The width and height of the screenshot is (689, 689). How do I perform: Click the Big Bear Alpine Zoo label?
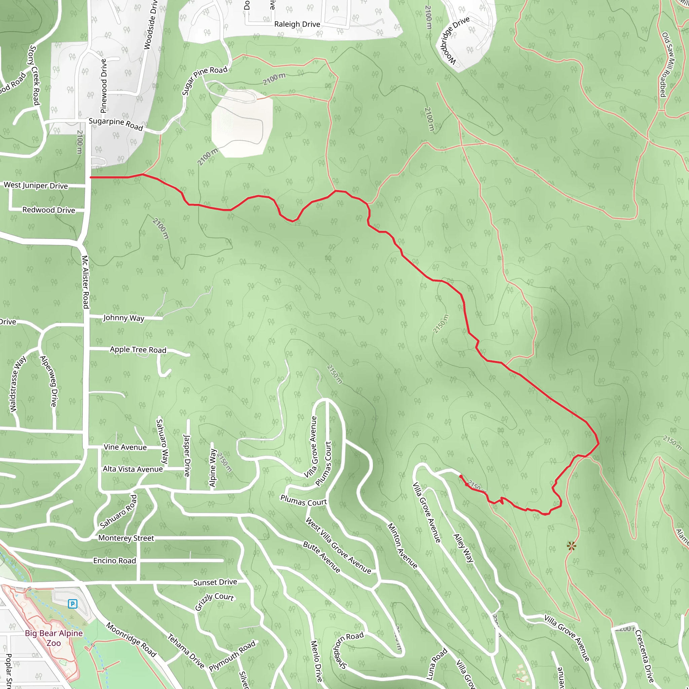tap(54, 638)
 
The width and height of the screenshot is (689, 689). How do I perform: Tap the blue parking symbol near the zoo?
tap(72, 604)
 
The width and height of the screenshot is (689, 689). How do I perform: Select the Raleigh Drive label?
tap(297, 24)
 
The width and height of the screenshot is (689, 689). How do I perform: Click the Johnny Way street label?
tap(123, 318)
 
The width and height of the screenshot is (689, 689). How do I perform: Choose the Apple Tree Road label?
tap(138, 350)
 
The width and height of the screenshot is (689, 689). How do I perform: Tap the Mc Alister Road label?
tap(85, 282)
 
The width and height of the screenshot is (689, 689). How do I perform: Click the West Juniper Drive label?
tap(36, 185)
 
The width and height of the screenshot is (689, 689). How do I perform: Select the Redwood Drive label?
tap(48, 210)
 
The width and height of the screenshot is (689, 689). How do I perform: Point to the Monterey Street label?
tap(126, 538)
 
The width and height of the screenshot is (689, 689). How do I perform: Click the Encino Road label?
tap(114, 561)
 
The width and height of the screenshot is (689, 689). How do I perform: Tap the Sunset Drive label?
tap(215, 583)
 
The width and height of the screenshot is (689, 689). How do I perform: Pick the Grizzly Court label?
tap(214, 602)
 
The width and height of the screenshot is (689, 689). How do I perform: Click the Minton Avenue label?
tap(402, 546)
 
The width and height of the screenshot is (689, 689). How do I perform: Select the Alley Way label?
tap(463, 548)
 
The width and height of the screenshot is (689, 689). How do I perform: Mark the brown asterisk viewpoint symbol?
tap(571, 546)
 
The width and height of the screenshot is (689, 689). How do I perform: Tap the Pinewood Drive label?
tap(103, 86)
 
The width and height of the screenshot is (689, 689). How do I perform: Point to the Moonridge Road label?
tap(131, 640)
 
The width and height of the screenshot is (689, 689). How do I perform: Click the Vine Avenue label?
tap(125, 447)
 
